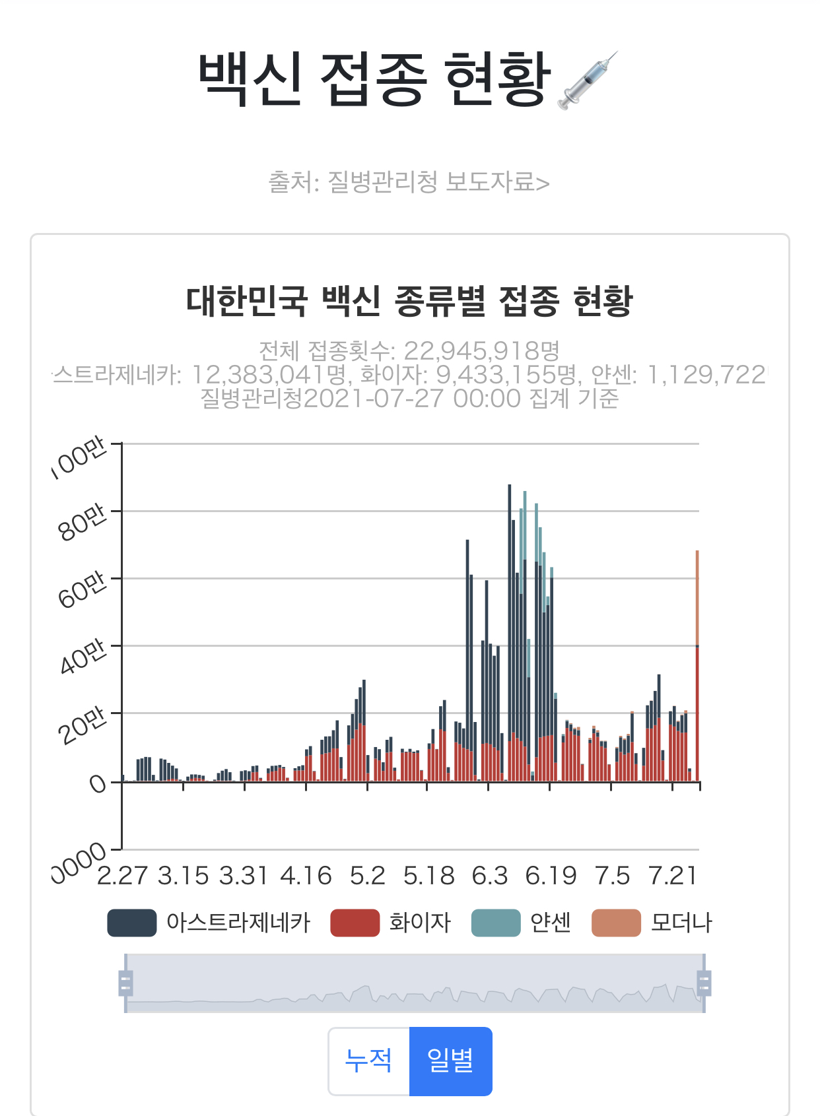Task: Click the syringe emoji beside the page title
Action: click(588, 81)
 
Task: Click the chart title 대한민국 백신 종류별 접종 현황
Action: click(409, 301)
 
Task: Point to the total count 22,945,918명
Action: click(481, 350)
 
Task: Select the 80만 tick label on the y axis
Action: click(82, 523)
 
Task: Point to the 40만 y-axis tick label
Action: click(82, 657)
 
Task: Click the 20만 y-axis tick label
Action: click(82, 725)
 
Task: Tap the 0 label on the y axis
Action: click(97, 784)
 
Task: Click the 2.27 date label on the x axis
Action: click(122, 876)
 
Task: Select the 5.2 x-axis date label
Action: click(367, 876)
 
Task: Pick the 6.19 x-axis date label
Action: click(551, 876)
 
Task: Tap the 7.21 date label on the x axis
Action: click(673, 876)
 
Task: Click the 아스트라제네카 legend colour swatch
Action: click(132, 923)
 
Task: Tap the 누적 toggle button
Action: click(369, 1061)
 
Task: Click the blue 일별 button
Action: click(450, 1061)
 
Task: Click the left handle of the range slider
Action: click(125, 983)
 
